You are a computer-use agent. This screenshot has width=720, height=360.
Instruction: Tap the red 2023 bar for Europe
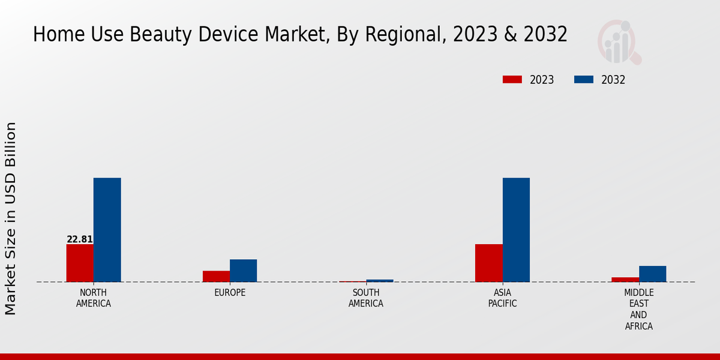click(x=216, y=276)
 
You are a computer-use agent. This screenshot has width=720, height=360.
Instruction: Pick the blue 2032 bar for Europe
click(x=243, y=271)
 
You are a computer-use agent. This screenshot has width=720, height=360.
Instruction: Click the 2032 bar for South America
click(x=380, y=280)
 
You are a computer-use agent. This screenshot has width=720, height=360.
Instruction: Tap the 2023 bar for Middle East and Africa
click(x=625, y=279)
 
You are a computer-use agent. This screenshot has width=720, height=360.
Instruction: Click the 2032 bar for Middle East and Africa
click(x=652, y=274)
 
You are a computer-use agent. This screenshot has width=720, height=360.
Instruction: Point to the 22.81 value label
click(x=80, y=239)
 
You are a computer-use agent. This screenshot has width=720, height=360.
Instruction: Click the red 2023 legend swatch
click(x=512, y=80)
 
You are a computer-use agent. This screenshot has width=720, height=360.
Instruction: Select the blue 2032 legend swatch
click(x=584, y=80)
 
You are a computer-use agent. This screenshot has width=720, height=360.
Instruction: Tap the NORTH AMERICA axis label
click(x=94, y=298)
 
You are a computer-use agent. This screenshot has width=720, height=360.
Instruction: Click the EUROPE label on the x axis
click(x=230, y=293)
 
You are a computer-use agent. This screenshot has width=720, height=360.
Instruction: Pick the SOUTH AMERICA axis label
click(x=366, y=298)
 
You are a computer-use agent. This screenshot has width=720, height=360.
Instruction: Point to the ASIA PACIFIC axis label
click(x=502, y=298)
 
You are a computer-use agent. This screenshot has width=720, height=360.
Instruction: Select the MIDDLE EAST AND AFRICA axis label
click(x=638, y=310)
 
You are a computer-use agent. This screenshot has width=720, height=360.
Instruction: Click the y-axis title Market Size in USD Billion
click(x=11, y=218)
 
